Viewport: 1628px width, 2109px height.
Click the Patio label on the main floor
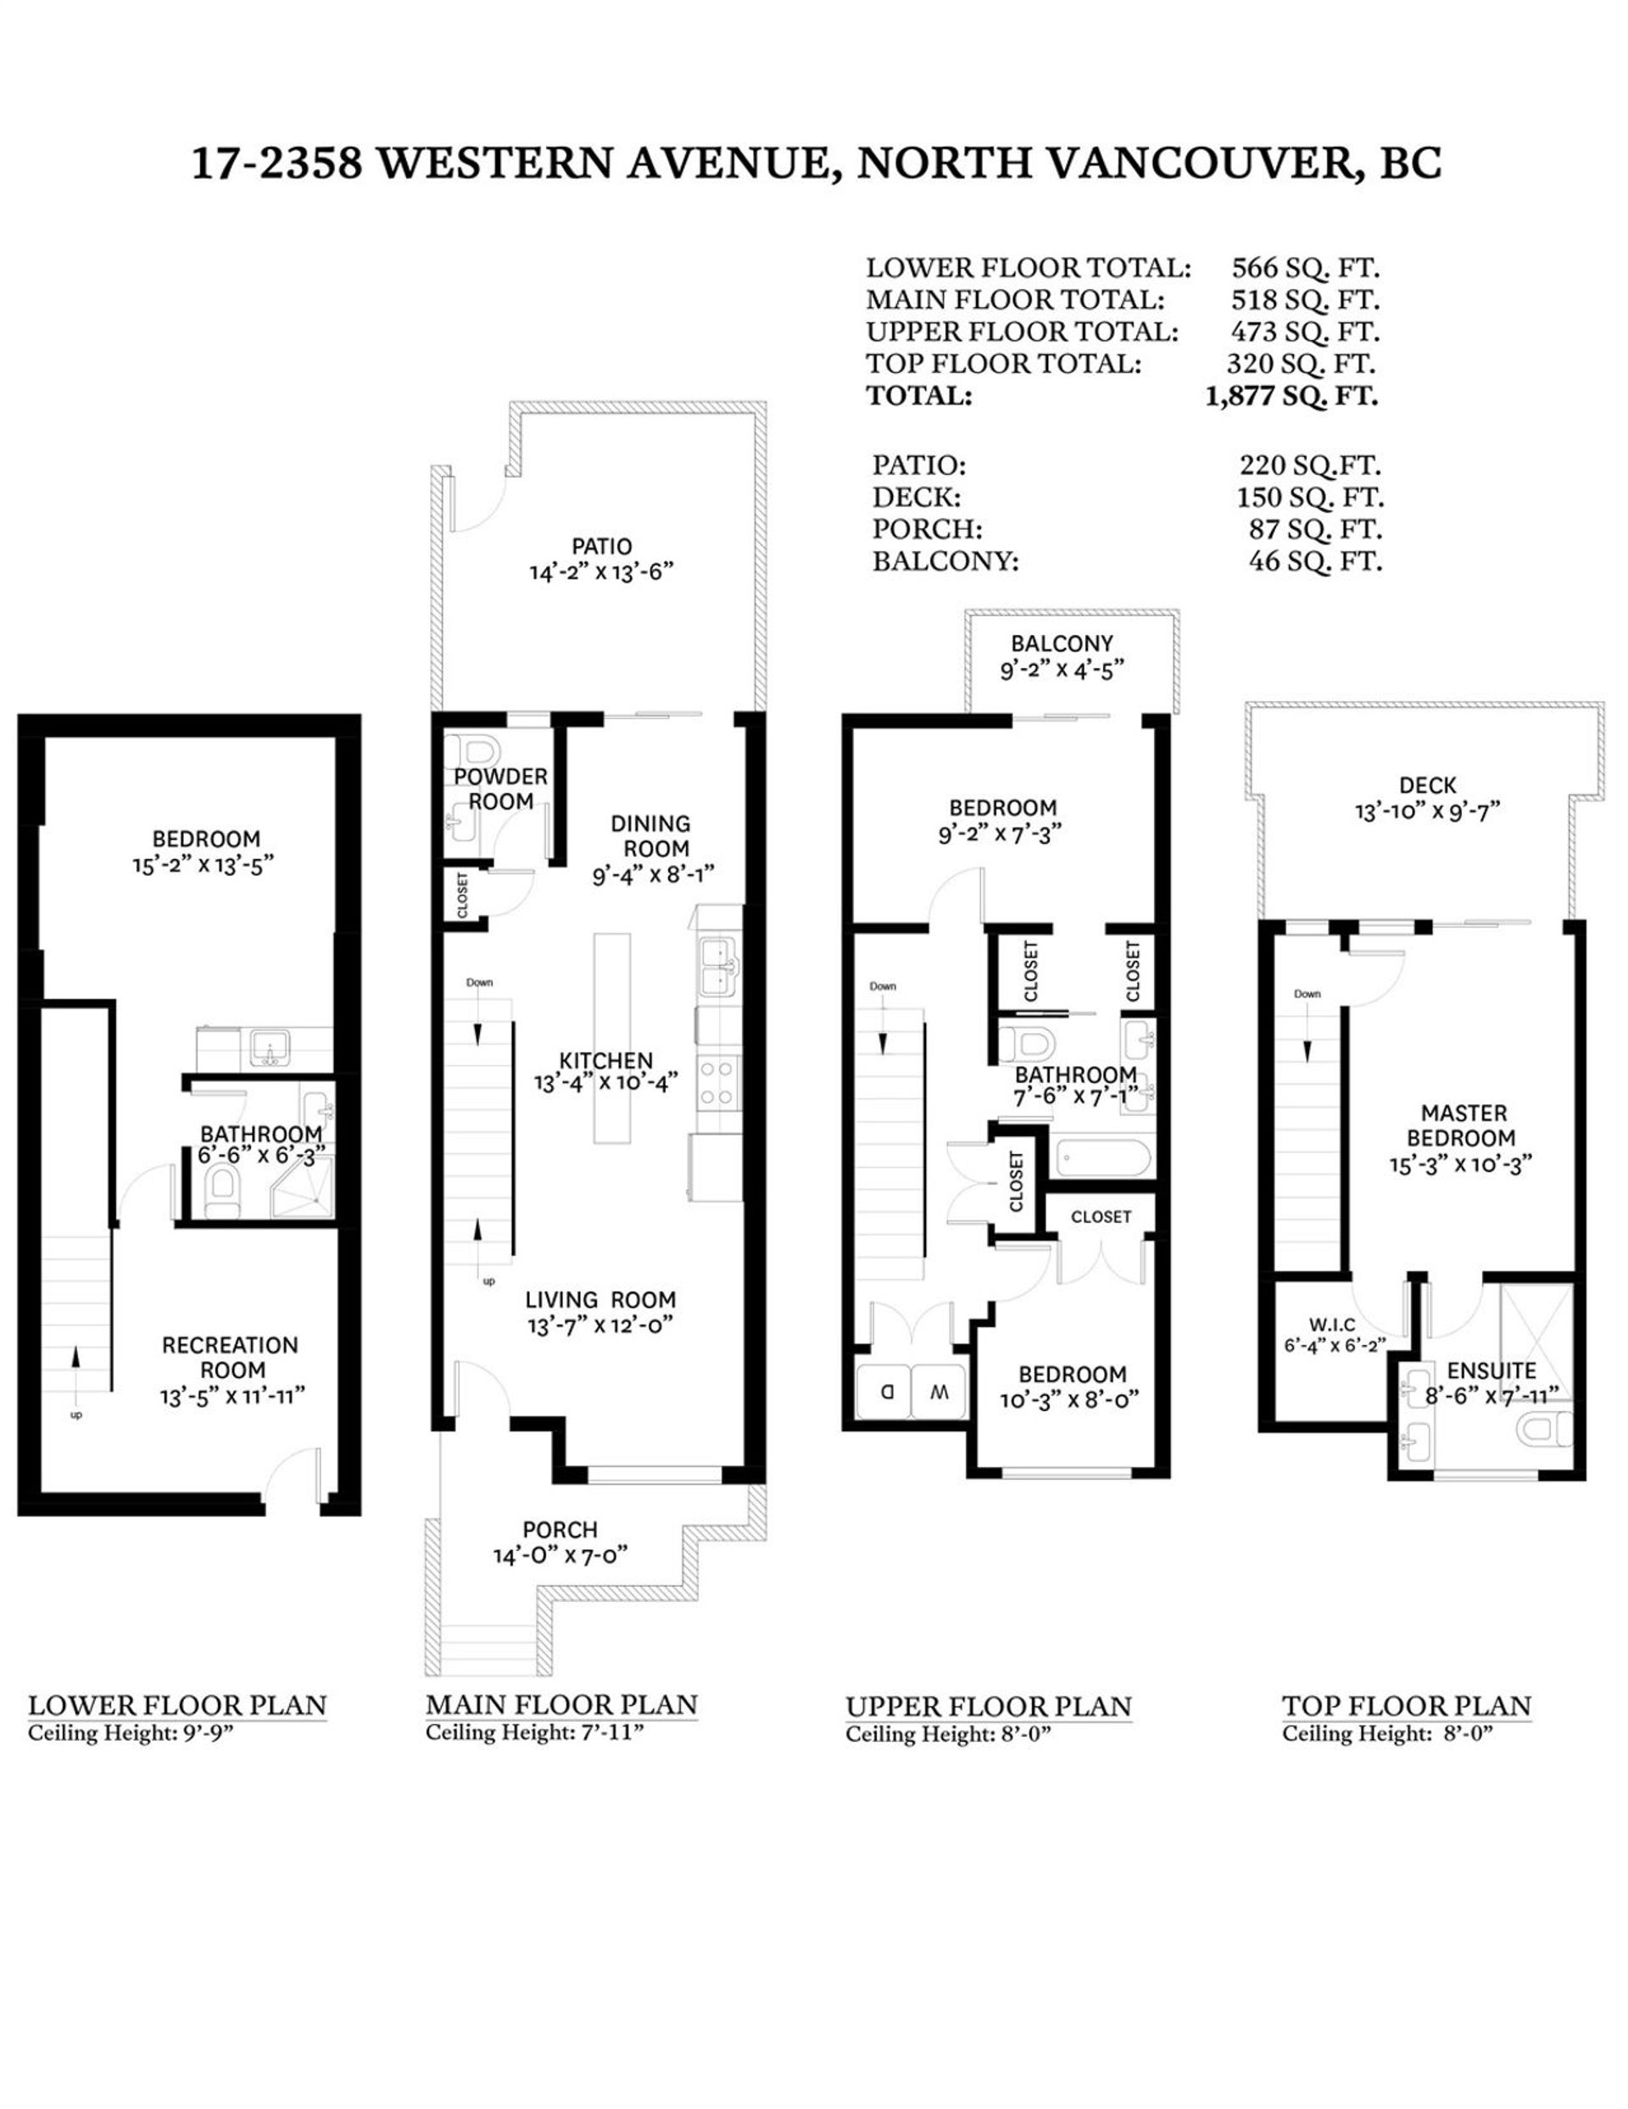pos(601,547)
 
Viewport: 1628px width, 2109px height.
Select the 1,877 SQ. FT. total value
pos(1291,396)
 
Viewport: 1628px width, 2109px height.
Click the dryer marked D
pos(884,1392)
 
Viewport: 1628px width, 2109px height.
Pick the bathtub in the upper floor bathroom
pos(1101,1156)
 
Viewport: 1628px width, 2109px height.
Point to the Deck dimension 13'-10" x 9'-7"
pos(1426,812)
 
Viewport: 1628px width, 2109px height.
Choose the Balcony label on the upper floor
pos(1062,643)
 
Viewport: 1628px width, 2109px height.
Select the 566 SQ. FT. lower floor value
pos(1305,267)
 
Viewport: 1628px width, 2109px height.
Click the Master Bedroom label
pos(1463,1125)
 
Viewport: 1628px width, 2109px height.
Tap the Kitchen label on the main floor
pos(605,1059)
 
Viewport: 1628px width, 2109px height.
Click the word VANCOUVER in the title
pos(1201,165)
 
